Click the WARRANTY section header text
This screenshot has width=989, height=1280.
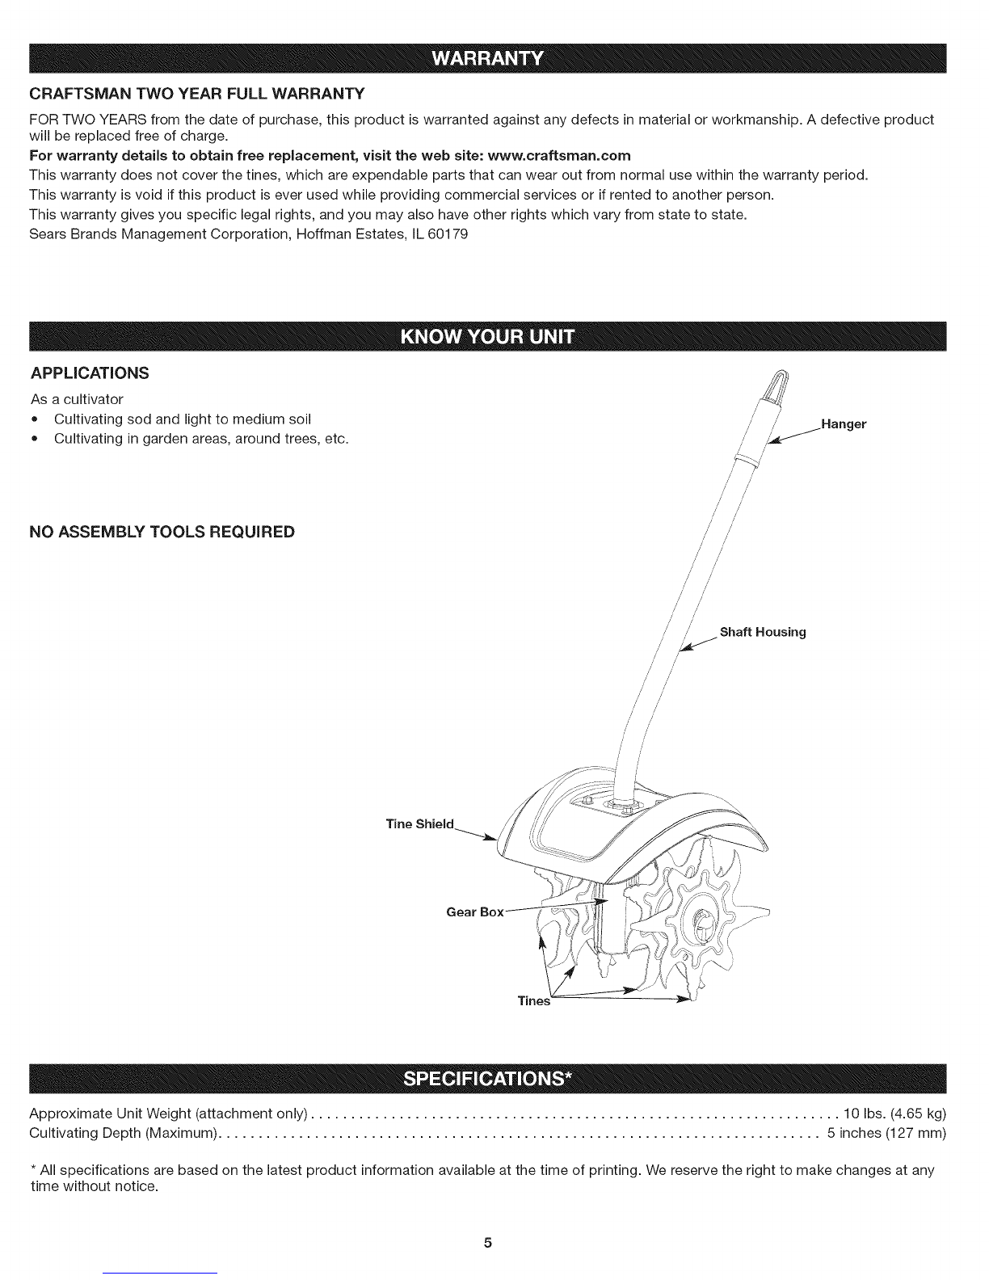pos(488,58)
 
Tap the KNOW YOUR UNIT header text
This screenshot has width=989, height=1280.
pos(488,336)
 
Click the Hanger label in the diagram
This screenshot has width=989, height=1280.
pos(844,424)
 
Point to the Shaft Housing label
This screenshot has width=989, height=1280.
pos(763,632)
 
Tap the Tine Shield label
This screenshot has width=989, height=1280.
pos(420,824)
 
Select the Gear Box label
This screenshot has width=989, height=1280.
pos(475,912)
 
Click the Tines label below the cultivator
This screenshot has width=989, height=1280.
pos(533,1001)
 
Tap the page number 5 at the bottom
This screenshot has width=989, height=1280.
pos(488,1243)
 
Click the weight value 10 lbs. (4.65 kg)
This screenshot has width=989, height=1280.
pos(894,1114)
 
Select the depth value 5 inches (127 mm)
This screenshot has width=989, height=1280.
pos(886,1133)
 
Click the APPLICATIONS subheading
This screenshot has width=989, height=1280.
pos(90,373)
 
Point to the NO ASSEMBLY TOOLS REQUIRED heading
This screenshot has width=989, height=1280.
pos(162,532)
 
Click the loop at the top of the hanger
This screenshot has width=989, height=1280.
pos(778,384)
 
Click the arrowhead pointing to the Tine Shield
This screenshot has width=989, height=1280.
pos(490,838)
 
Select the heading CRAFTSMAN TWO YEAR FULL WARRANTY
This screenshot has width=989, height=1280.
pos(197,94)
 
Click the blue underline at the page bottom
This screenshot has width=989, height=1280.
pos(164,1274)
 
